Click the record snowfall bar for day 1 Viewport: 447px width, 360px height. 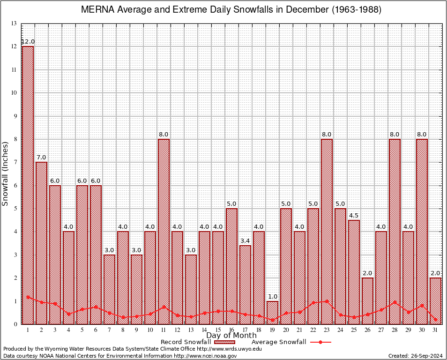point(28,185)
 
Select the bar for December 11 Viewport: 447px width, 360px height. point(164,232)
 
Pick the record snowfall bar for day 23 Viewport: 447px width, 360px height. point(327,232)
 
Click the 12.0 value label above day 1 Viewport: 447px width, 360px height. point(28,42)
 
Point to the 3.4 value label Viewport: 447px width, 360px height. point(246,241)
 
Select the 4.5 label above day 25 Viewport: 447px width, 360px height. point(354,216)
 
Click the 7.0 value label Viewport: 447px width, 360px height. point(42,157)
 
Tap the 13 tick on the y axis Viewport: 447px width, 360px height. point(14,23)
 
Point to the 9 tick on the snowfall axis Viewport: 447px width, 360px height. point(15,116)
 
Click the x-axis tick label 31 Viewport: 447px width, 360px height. point(436,330)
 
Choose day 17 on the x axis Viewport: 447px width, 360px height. point(246,330)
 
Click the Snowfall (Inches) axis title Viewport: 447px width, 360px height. point(6,174)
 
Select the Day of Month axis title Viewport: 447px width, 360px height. point(231,336)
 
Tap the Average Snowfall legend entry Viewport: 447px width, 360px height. point(279,342)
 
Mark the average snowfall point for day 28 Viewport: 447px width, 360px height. point(395,302)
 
